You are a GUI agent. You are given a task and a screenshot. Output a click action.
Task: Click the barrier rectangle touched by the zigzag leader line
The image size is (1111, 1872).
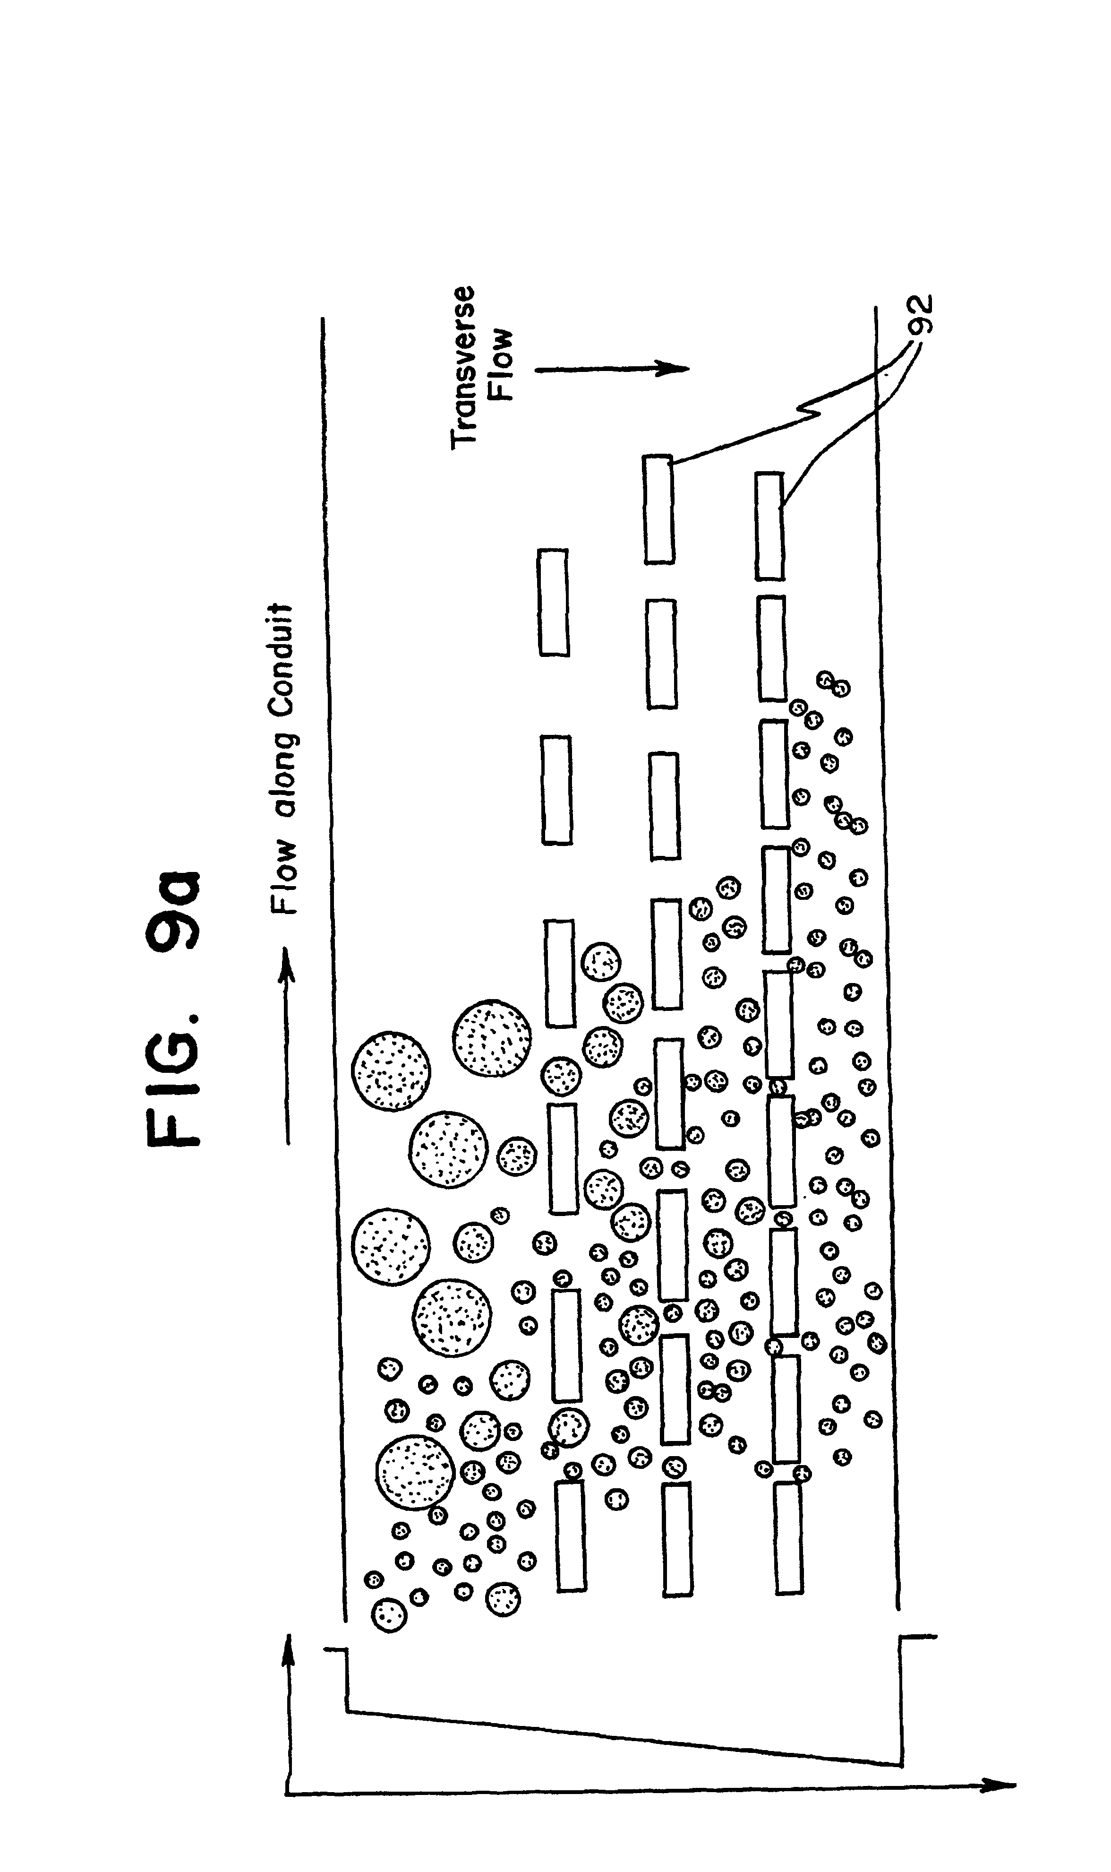659,509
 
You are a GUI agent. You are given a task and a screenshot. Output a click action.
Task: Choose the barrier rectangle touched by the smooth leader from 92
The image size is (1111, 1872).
769,526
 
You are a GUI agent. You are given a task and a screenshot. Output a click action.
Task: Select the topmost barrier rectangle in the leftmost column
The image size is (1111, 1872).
553,602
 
